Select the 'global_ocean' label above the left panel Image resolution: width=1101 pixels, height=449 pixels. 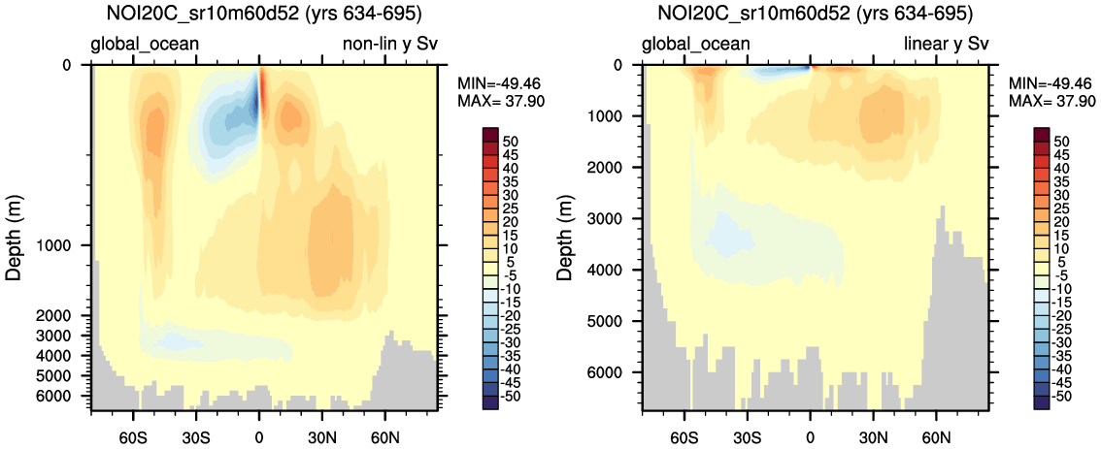[x=145, y=44]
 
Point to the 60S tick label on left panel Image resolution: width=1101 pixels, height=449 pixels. [x=132, y=428]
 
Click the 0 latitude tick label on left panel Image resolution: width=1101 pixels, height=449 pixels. [x=259, y=428]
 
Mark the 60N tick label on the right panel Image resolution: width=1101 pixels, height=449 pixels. [x=937, y=428]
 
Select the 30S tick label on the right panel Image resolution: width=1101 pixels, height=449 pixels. [x=748, y=428]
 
